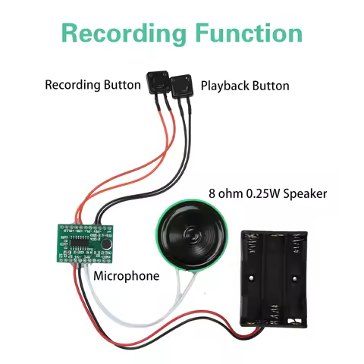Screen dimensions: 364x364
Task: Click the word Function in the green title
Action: click(x=243, y=33)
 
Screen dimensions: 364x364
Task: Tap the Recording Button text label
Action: click(x=93, y=85)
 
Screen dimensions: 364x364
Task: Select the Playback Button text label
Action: click(x=244, y=86)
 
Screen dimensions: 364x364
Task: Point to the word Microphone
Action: click(x=126, y=276)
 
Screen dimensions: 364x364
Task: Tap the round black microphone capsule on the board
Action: click(x=108, y=245)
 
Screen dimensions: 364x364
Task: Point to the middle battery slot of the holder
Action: click(x=273, y=281)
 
